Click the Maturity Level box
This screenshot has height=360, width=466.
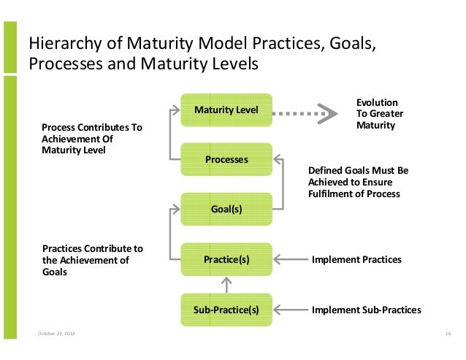coord(226,110)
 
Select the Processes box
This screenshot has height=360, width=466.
coord(226,159)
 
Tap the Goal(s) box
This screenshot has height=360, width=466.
coord(226,210)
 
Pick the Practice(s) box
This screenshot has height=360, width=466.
coord(226,259)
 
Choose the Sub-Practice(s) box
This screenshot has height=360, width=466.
coord(226,310)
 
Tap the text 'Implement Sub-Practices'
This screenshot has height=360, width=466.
coord(366,310)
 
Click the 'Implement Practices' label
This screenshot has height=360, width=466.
coord(356,259)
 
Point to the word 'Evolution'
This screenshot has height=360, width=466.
coord(376,103)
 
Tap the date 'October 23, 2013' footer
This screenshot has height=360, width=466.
coord(56,334)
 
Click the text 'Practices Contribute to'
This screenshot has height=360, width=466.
coord(93,248)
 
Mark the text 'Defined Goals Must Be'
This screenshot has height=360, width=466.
coord(358,170)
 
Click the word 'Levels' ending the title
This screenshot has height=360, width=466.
coord(234,64)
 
